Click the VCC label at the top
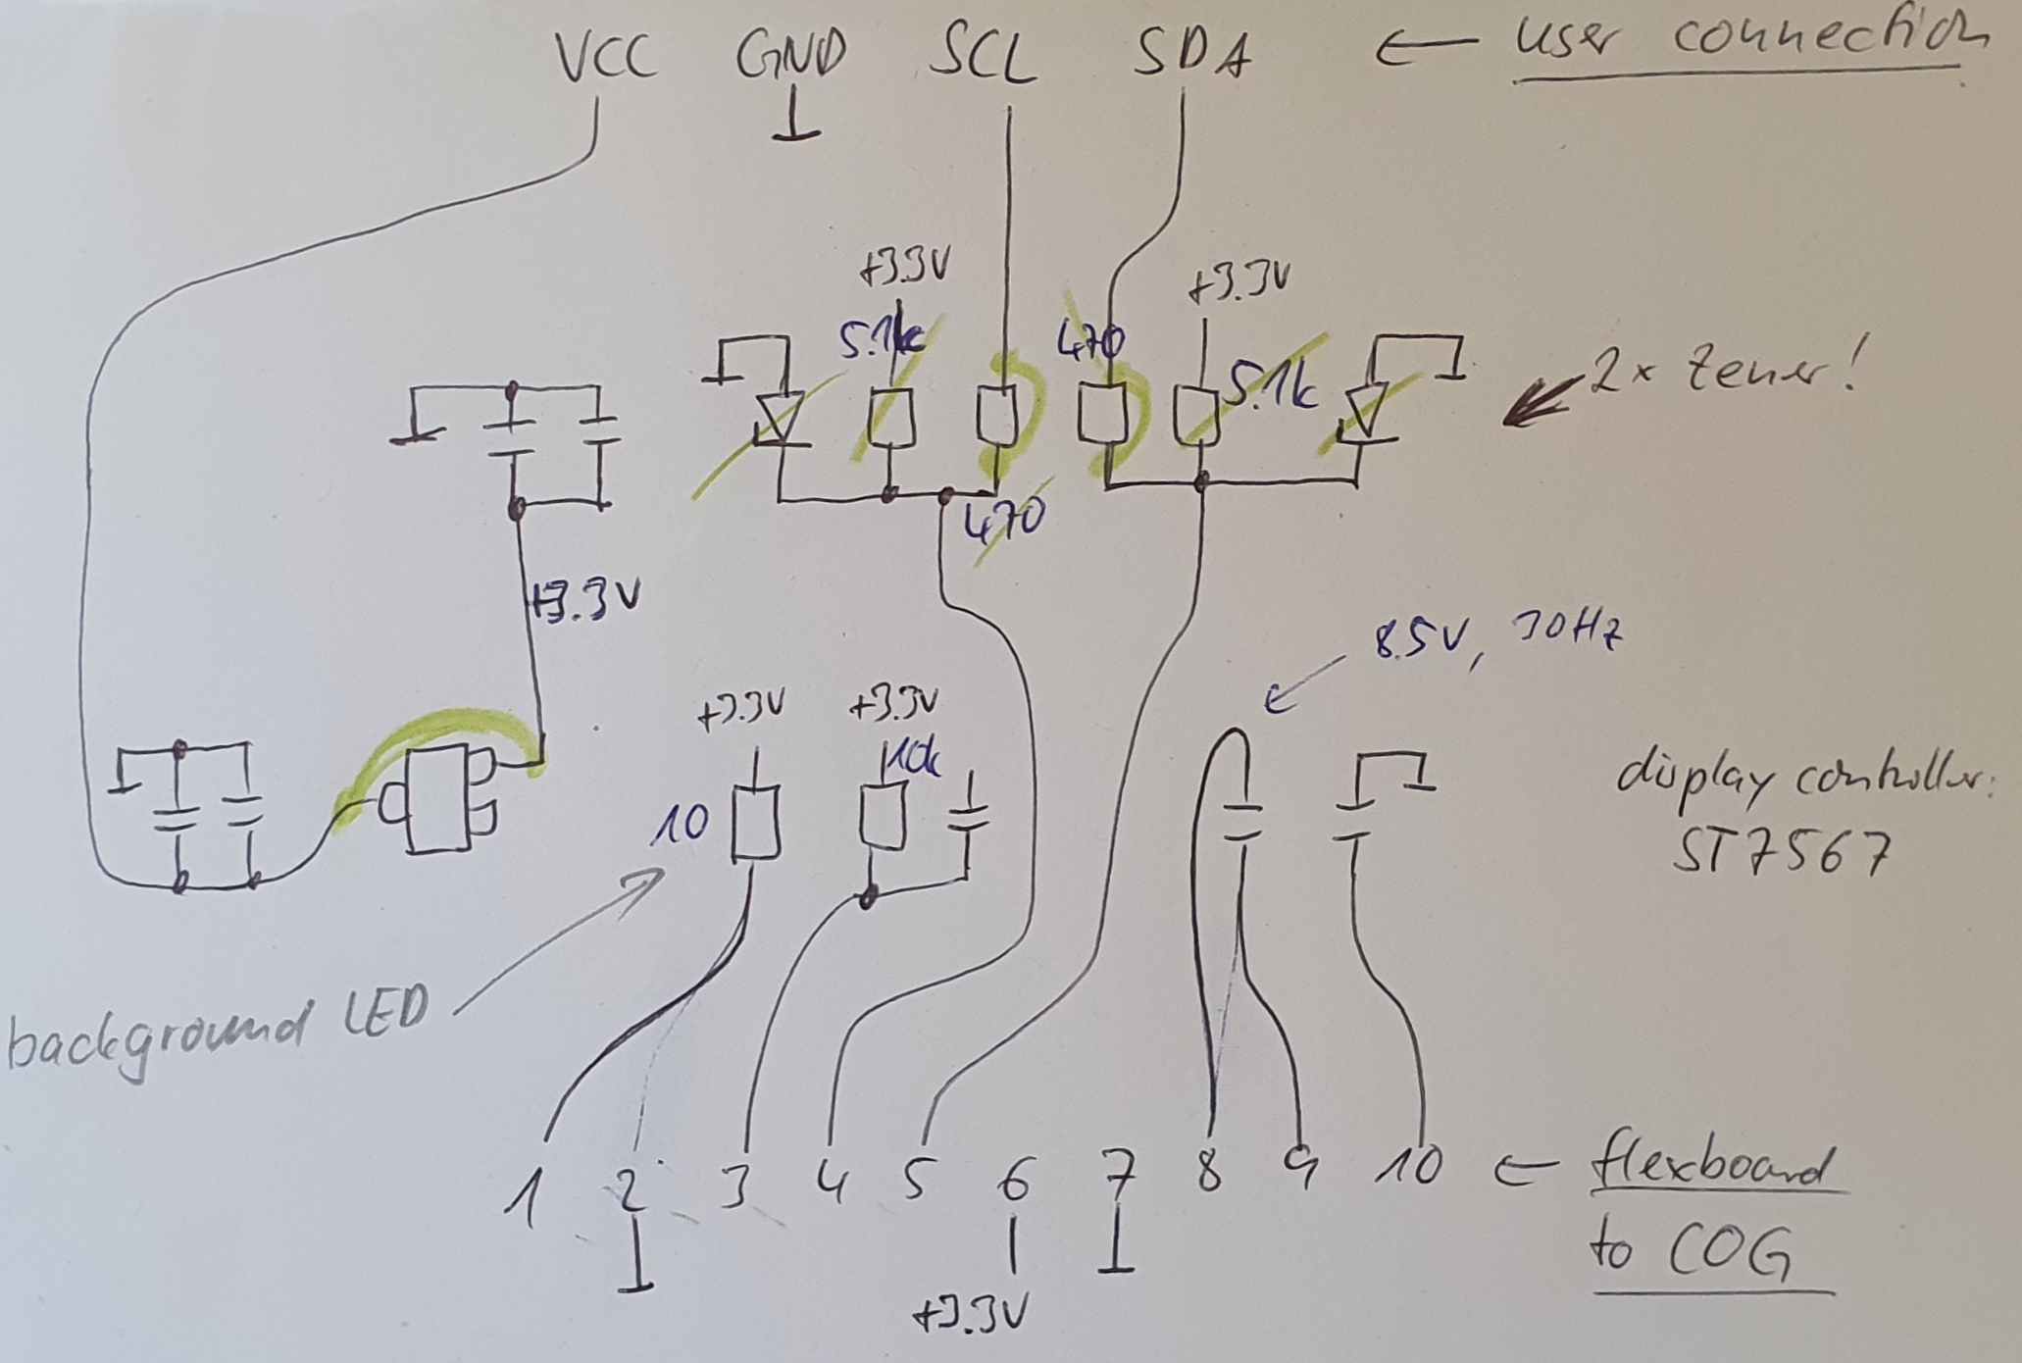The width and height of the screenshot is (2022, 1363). [x=606, y=59]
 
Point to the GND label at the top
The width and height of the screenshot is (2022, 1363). [x=790, y=57]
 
